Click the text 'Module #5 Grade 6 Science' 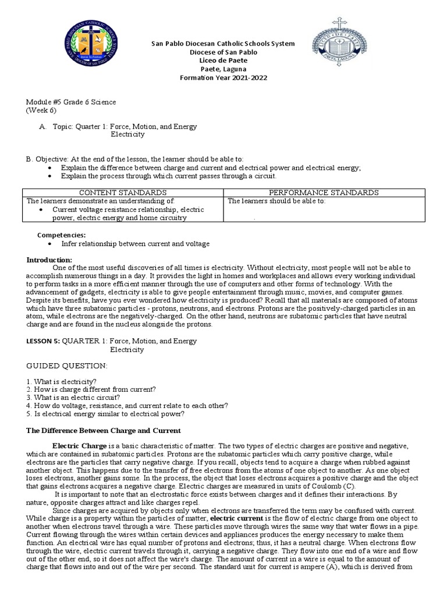(70, 102)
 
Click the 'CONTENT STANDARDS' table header (123, 193)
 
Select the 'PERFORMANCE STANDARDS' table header (323, 193)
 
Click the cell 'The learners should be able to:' (276, 201)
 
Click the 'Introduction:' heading (49, 259)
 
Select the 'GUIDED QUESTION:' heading (67, 365)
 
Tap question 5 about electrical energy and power (105, 414)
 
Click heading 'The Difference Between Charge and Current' (104, 430)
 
